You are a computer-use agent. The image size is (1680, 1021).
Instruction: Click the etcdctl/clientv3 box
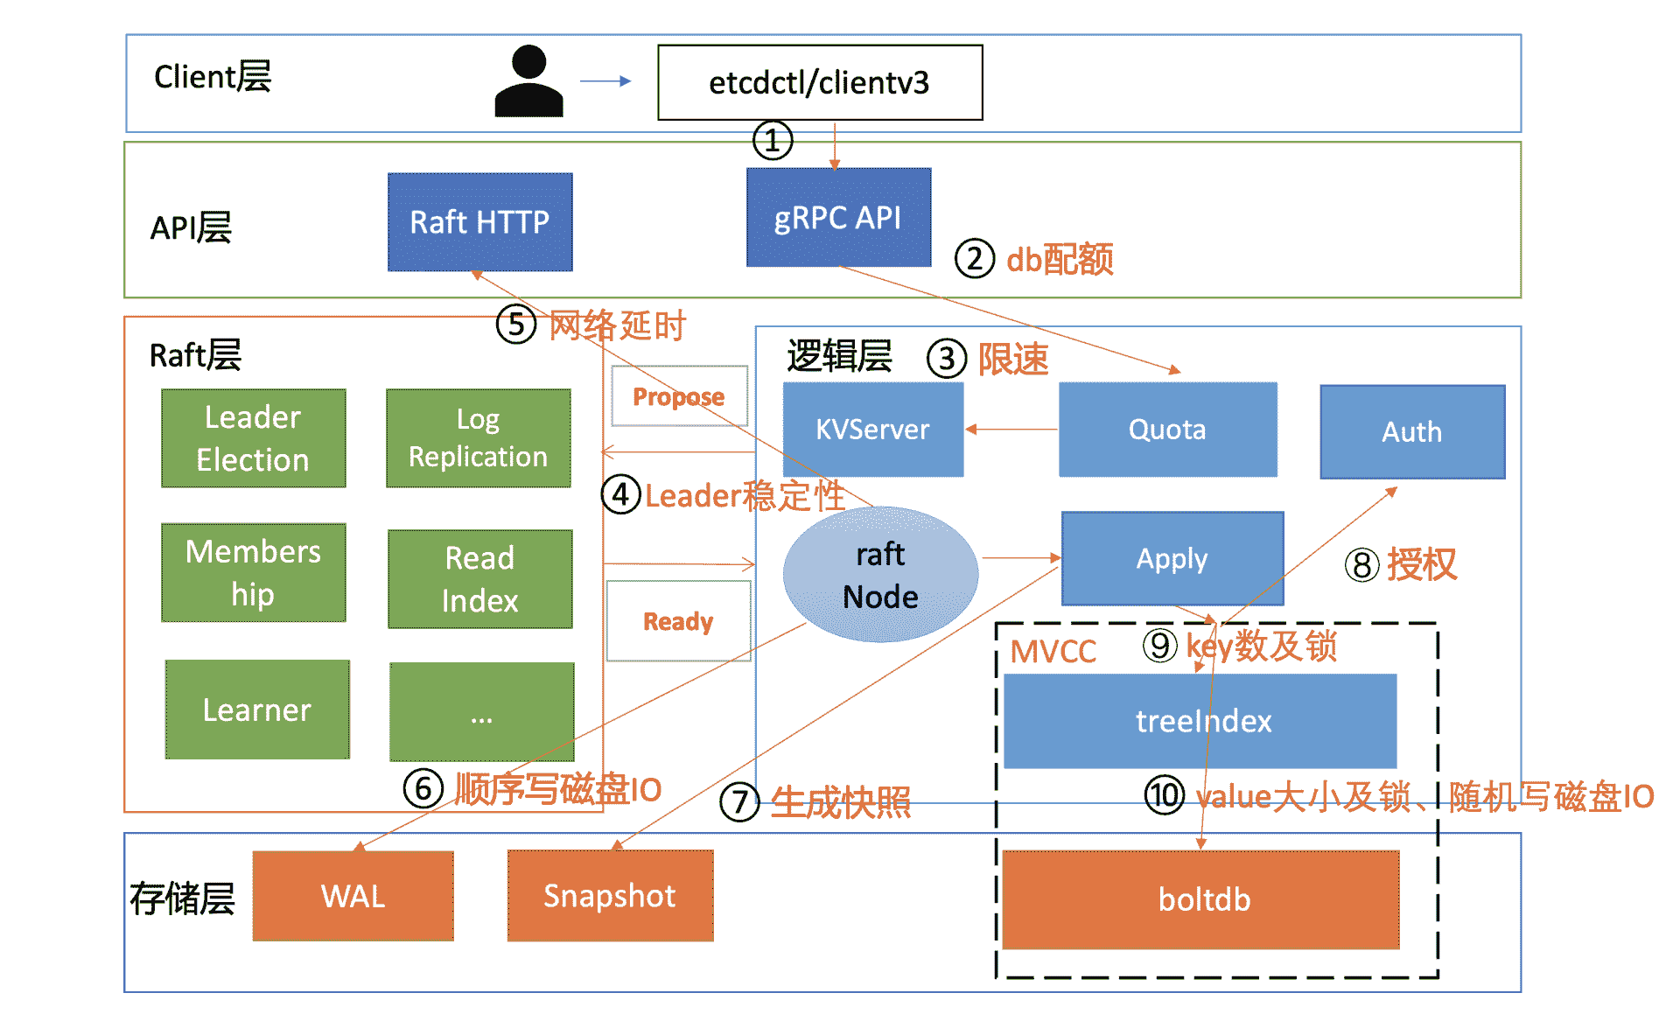click(x=820, y=82)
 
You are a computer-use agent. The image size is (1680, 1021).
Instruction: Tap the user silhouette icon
click(x=528, y=82)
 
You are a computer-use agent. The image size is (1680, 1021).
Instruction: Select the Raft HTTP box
click(x=479, y=222)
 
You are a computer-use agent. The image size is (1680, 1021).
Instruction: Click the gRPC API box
click(x=838, y=218)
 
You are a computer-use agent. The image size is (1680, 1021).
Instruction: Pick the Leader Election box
click(x=253, y=438)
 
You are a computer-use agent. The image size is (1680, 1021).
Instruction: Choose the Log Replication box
click(x=478, y=438)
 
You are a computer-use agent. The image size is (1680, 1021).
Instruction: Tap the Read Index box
click(x=479, y=579)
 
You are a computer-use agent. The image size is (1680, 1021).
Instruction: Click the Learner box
click(x=257, y=710)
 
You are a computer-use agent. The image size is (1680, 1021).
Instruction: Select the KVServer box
click(x=872, y=430)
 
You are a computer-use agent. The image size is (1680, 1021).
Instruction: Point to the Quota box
click(x=1167, y=430)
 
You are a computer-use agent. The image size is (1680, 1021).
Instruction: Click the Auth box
click(x=1412, y=432)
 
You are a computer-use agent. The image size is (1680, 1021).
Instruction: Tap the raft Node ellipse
click(x=880, y=575)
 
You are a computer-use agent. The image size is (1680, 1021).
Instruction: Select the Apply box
click(x=1172, y=558)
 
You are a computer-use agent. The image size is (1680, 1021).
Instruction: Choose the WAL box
click(x=353, y=897)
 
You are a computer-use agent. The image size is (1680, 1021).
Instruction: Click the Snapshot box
click(x=610, y=896)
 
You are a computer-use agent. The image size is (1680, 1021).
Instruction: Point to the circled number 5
click(x=516, y=325)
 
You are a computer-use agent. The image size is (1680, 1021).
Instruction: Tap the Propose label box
click(x=679, y=396)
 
